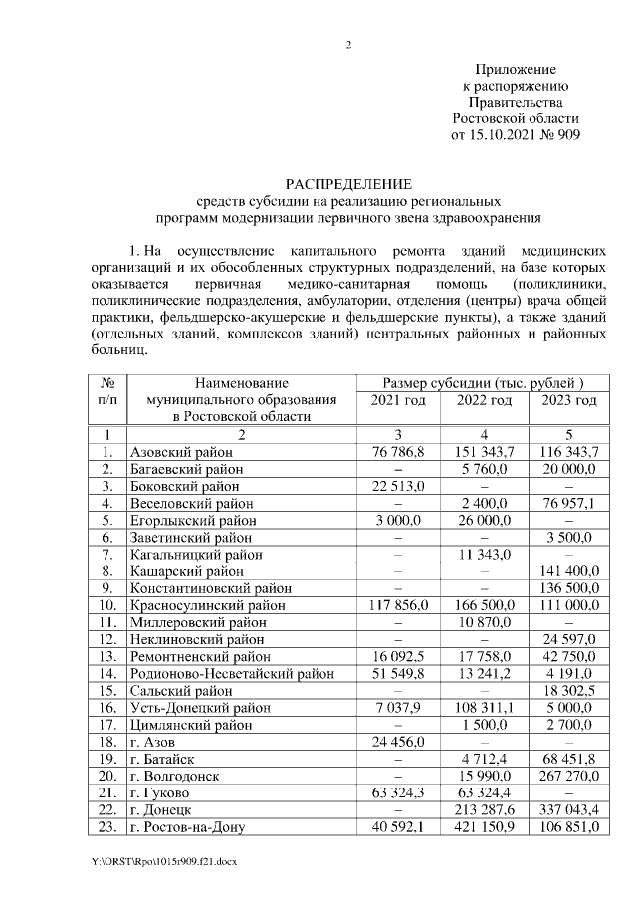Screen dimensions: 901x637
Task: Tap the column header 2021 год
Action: coord(398,400)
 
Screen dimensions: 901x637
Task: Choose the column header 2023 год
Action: coord(569,400)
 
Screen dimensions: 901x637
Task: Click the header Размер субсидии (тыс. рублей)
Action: coord(483,383)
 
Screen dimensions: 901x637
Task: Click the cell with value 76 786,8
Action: coord(398,452)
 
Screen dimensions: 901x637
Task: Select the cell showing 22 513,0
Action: coord(398,486)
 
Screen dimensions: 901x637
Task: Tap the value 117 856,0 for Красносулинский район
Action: coord(398,604)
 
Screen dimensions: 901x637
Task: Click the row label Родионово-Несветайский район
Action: coord(232,673)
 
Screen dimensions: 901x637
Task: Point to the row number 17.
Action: coord(106,724)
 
